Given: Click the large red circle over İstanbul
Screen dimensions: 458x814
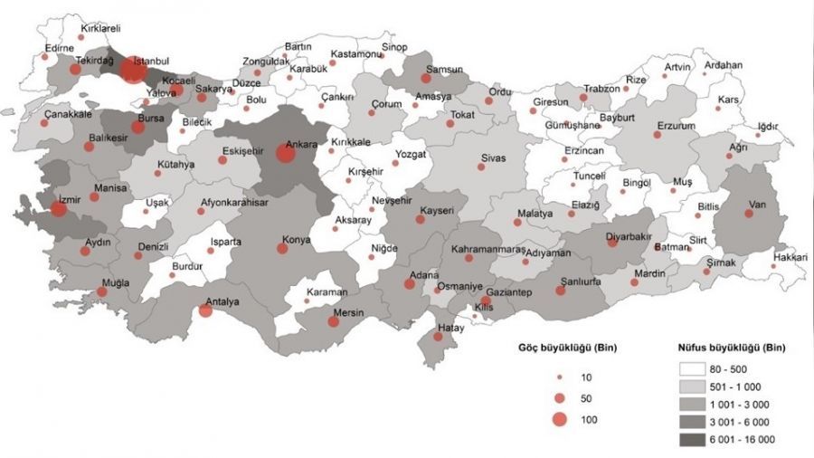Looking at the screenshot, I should click(133, 70).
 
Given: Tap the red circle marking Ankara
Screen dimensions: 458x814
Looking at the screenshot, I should click(285, 154).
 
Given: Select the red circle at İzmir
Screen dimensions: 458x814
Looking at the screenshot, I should click(59, 209).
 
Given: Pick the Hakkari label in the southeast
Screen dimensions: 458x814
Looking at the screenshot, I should click(789, 257).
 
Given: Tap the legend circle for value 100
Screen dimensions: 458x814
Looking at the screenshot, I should click(560, 419).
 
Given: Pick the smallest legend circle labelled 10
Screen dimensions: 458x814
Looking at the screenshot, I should click(560, 376).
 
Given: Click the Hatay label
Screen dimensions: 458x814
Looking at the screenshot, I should click(450, 329).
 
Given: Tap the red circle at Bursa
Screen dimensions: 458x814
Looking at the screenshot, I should click(137, 127).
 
